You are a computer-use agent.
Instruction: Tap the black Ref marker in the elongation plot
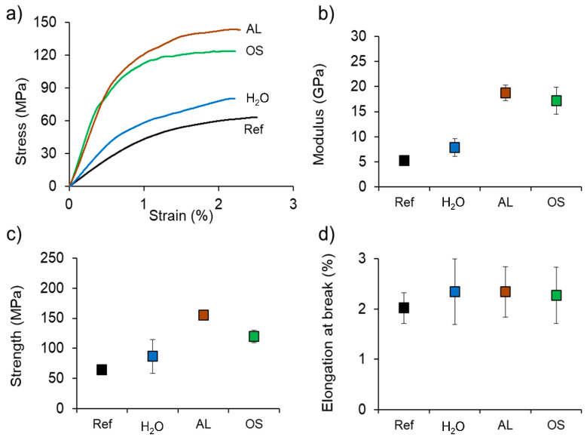[x=404, y=307]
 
